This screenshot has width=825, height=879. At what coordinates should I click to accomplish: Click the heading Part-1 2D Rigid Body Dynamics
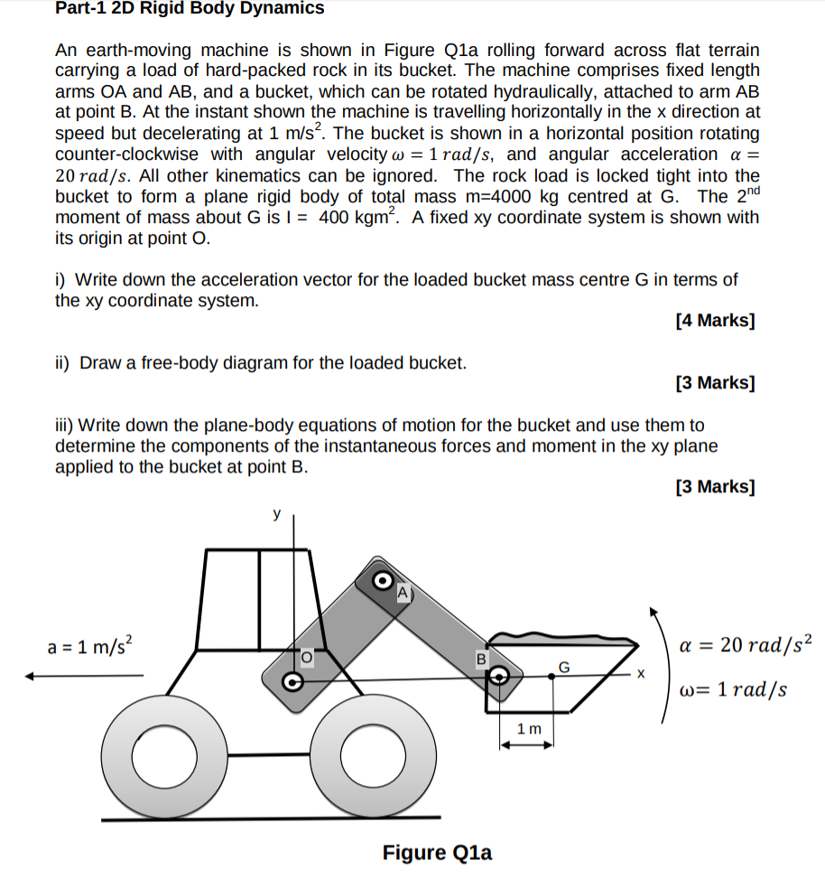190,9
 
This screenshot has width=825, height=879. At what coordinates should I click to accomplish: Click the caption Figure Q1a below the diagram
437,852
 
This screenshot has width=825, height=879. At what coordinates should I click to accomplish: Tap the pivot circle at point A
382,578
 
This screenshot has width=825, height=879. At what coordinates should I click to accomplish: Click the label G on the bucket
564,667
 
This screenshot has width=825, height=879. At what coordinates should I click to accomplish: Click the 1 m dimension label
529,727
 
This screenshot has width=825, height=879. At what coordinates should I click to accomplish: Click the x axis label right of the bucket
642,674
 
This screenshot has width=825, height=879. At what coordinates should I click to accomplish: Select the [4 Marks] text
715,321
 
